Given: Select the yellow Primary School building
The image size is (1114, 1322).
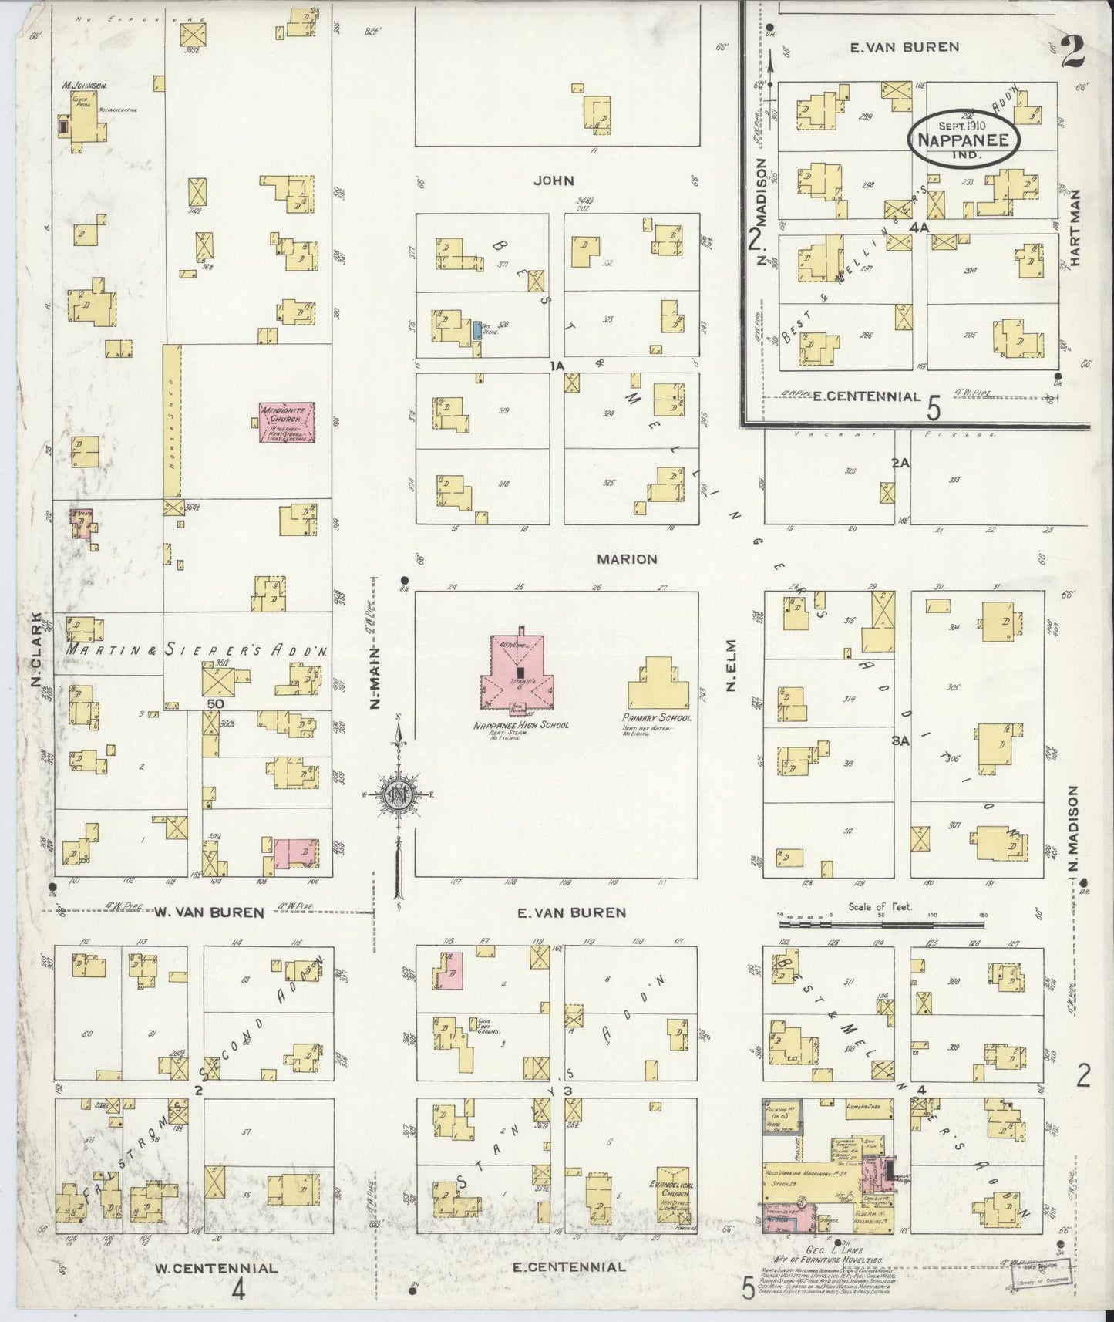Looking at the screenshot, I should pyautogui.click(x=658, y=683).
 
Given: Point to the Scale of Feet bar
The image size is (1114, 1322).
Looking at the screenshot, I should pyautogui.click(x=882, y=922).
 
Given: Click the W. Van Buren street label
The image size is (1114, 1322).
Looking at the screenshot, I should pyautogui.click(x=210, y=912).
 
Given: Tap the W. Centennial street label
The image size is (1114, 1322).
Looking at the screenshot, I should pyautogui.click(x=215, y=1267).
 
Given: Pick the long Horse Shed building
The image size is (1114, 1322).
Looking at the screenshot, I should pyautogui.click(x=172, y=421).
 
